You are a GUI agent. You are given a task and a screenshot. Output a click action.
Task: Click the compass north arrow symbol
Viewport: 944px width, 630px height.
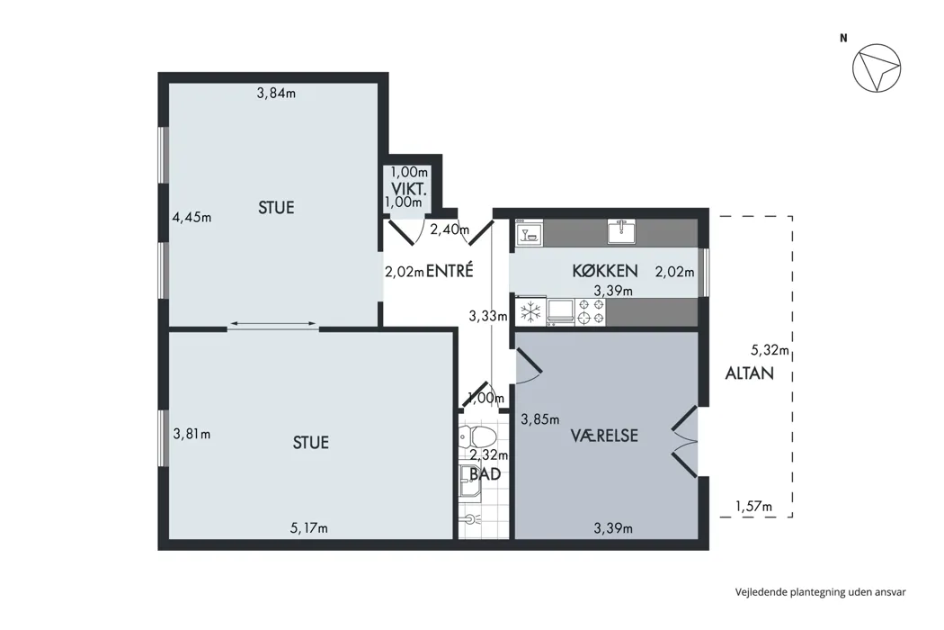coord(877,67)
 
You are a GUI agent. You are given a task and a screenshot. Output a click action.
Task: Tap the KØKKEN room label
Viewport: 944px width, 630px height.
coord(604,271)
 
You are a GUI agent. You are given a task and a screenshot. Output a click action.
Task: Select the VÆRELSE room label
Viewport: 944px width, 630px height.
coord(604,436)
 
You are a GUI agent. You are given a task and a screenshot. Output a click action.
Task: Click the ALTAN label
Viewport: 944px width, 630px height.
coord(750,373)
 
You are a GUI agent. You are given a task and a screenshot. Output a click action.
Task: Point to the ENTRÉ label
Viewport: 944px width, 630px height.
coord(450,271)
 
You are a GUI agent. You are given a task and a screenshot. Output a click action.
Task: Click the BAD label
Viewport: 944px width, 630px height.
coord(485,474)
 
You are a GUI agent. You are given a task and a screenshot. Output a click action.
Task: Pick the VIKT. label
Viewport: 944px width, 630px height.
coord(409,189)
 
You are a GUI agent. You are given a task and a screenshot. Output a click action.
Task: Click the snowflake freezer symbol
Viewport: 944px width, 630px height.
coord(530,312)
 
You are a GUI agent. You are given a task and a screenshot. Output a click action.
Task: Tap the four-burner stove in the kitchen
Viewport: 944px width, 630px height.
coord(591,311)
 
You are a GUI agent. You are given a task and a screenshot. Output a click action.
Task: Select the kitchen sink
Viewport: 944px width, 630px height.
coord(622,232)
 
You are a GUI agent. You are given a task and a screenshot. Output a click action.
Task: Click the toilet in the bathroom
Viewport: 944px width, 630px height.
coord(477,436)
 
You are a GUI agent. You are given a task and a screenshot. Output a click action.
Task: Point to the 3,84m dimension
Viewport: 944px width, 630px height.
coord(276,94)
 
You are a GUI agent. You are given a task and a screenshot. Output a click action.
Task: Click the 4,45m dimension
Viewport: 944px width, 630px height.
coord(192,217)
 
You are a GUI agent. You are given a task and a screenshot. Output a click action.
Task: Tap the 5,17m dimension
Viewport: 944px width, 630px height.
coord(309,528)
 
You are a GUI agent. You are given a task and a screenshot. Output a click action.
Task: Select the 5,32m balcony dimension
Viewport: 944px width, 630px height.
coord(770,350)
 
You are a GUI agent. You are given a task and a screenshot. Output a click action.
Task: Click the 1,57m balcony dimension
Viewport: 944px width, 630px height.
coord(753,507)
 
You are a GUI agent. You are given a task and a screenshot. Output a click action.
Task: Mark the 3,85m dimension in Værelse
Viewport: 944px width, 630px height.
coord(540,419)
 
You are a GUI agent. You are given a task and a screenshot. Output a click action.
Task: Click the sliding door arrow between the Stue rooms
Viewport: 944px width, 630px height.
coord(273,325)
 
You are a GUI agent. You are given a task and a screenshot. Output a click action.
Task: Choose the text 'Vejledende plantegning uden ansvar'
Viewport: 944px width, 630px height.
coord(821,592)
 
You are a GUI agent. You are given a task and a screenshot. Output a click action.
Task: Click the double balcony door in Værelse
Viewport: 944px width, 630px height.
coord(685,441)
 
